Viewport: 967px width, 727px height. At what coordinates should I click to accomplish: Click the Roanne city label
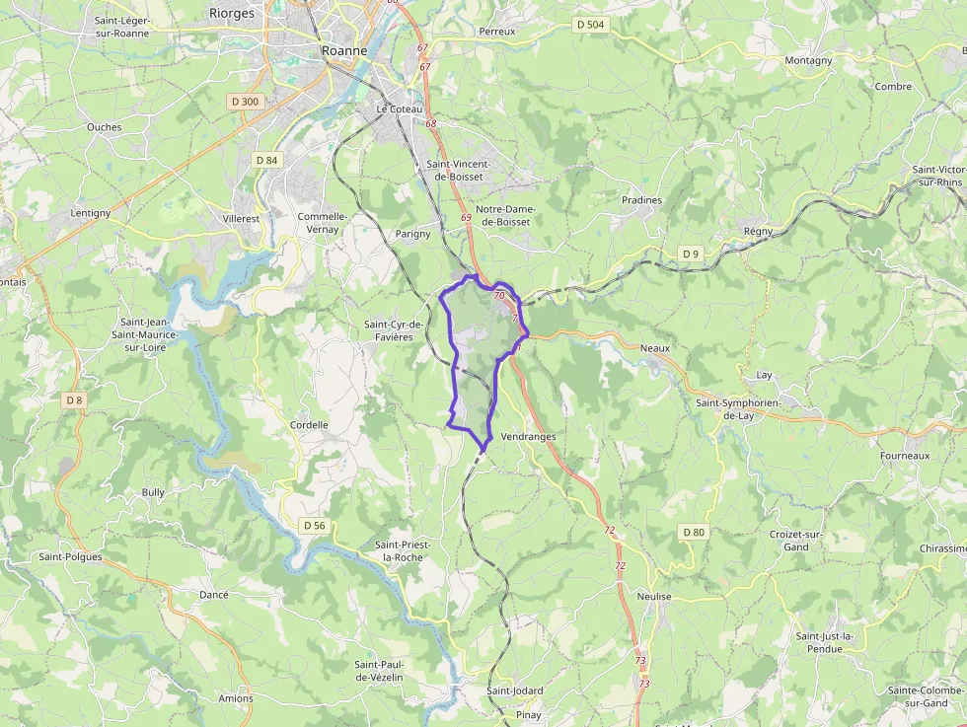(x=344, y=50)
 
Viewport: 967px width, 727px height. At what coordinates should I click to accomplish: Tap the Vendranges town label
(x=528, y=436)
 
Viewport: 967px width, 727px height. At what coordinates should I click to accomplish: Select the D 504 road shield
(x=590, y=24)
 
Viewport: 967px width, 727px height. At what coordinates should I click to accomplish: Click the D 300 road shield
(x=244, y=101)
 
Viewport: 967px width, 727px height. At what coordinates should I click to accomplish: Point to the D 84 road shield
(x=267, y=160)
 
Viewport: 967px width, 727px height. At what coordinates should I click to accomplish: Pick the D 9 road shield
(x=690, y=254)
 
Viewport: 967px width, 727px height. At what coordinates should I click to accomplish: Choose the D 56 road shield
(x=314, y=525)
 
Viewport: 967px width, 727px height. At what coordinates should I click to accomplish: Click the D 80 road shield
(x=694, y=532)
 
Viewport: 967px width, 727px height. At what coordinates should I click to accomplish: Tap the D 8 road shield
(x=74, y=400)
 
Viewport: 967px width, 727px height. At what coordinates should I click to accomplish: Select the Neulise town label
(x=654, y=597)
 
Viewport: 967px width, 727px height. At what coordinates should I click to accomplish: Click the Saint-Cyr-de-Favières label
(x=394, y=330)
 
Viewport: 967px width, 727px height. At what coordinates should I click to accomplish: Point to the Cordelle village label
(x=309, y=425)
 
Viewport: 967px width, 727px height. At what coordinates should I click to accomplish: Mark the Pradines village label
(x=641, y=199)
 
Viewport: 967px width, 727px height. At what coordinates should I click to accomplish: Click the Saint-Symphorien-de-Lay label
(x=738, y=409)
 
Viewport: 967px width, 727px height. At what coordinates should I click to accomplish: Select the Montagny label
(x=808, y=60)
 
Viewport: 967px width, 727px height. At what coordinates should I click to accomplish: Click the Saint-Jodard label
(x=514, y=691)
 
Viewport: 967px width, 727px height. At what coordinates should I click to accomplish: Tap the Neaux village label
(x=654, y=348)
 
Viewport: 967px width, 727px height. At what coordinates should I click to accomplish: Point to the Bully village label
(x=153, y=491)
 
